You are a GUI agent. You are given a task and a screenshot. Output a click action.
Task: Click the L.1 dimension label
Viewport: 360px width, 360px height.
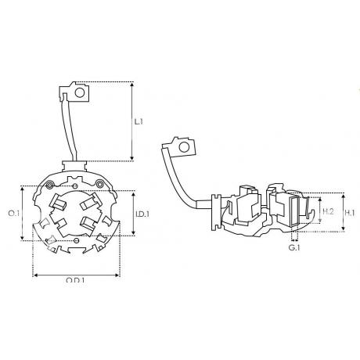click(139, 121)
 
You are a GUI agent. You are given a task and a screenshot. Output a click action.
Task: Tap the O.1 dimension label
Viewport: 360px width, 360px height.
click(13, 214)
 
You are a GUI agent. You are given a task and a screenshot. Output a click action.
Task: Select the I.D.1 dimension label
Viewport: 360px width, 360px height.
click(142, 214)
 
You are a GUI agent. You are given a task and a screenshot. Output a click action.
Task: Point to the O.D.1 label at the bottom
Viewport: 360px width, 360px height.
click(75, 281)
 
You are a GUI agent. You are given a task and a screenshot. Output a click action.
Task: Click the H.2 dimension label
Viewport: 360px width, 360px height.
click(328, 211)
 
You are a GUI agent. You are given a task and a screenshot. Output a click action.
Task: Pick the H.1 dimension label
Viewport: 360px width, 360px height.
click(350, 213)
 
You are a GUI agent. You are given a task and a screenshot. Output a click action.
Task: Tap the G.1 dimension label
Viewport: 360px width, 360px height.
click(294, 247)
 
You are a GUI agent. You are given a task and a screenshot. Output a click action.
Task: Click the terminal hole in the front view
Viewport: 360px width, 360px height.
click(80, 92)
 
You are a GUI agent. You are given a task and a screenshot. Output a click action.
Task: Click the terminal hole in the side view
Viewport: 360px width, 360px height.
click(184, 147)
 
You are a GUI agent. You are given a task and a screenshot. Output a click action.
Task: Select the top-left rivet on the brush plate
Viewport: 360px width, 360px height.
click(49, 185)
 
